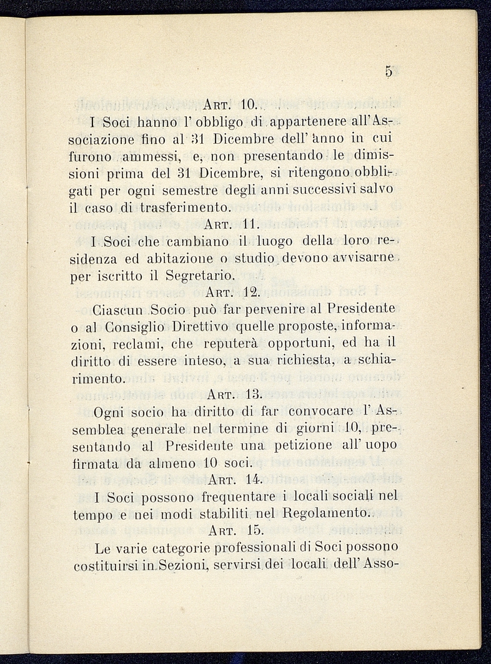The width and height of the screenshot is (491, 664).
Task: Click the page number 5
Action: pyautogui.click(x=389, y=72)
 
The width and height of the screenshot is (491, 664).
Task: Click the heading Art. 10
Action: pyautogui.click(x=226, y=103)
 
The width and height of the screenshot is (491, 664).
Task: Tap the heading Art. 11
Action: pyautogui.click(x=227, y=223)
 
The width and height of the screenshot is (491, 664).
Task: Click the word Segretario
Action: pyautogui.click(x=199, y=274)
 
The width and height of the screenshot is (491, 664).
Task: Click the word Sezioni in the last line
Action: pyautogui.click(x=182, y=566)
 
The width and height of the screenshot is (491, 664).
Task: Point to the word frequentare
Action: pyautogui.click(x=237, y=497)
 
